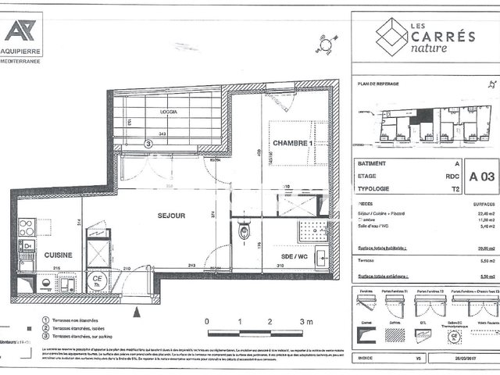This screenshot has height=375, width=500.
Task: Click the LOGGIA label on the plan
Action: click(167, 112)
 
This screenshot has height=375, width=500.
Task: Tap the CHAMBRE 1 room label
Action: click(292, 143)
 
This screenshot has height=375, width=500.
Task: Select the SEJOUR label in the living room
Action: click(171, 215)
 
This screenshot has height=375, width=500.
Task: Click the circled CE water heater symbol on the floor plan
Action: click(98, 280)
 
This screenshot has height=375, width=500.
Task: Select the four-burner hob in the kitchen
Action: click(27, 227)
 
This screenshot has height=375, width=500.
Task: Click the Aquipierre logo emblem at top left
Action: click(20, 30)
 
